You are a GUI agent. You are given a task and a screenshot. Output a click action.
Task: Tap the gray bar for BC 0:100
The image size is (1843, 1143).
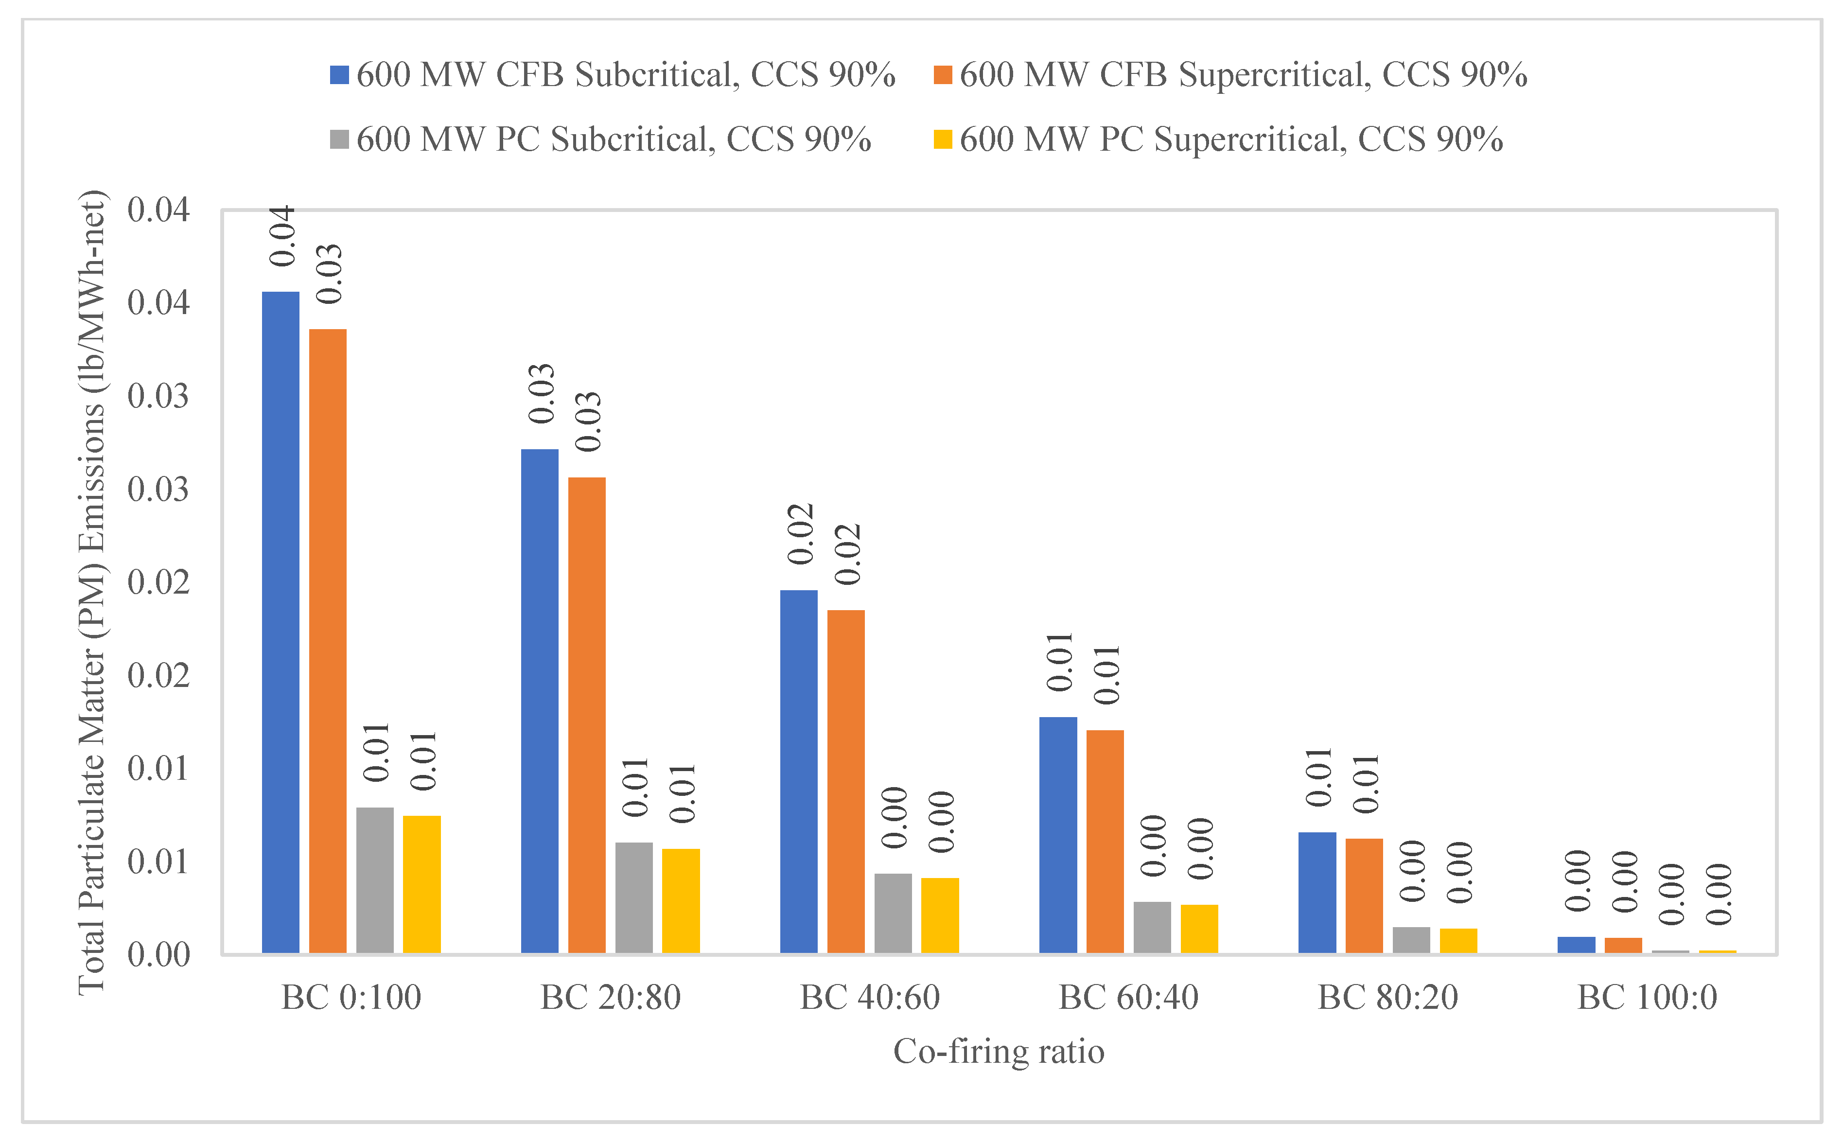[375, 880]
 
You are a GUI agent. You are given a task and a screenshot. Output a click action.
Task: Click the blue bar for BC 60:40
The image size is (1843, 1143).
[1057, 835]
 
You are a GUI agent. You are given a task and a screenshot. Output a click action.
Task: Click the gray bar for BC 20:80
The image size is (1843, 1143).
[633, 897]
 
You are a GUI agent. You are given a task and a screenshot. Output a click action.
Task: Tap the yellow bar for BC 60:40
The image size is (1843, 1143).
[1199, 928]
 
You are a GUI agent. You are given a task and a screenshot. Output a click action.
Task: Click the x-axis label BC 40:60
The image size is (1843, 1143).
[870, 998]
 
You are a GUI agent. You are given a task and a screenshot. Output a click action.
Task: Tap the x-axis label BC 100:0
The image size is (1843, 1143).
[1647, 998]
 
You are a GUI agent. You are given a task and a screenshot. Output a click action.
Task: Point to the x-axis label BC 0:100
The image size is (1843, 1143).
[351, 998]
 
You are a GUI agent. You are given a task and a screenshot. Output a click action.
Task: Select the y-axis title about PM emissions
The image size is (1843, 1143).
[92, 592]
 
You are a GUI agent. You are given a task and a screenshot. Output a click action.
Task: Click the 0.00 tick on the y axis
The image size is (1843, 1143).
[159, 955]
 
